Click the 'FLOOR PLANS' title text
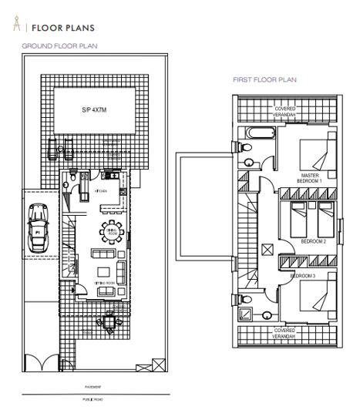(62, 28)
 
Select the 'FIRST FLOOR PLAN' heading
(265, 79)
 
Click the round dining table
(109, 230)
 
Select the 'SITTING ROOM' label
(105, 283)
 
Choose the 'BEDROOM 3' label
(301, 275)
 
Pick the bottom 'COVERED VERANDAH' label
(287, 332)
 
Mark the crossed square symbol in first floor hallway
(267, 249)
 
